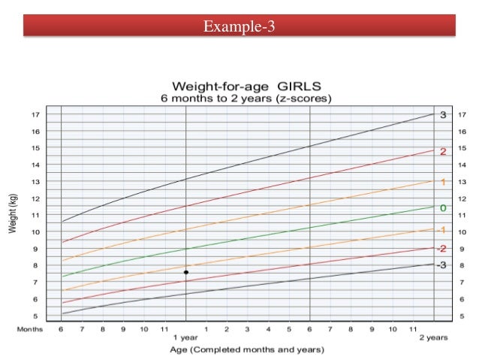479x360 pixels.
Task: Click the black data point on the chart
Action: (186, 272)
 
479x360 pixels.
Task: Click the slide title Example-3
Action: (239, 28)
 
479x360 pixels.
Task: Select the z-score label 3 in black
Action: (443, 115)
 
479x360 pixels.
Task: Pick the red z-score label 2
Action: (443, 152)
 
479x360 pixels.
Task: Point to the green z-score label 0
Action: (443, 207)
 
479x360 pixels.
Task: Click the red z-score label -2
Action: (442, 248)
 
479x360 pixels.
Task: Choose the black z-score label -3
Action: (442, 265)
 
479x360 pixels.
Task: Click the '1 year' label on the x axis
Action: (186, 337)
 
